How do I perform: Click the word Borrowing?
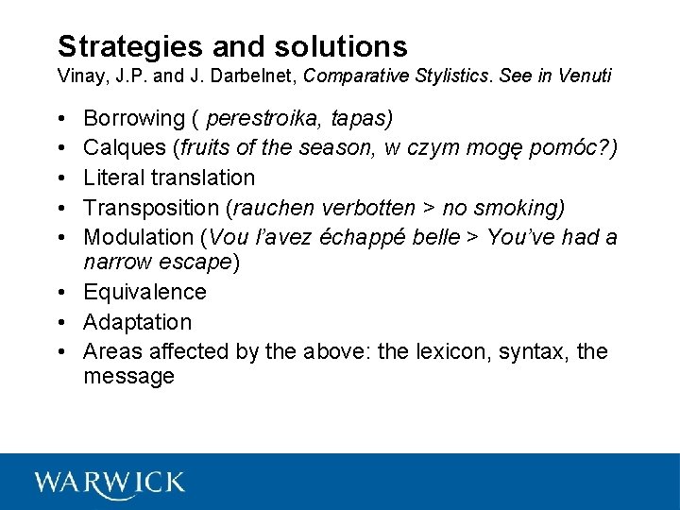[134, 119]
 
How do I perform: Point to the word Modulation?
[136, 236]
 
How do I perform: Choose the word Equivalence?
[144, 293]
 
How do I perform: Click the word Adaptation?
[137, 322]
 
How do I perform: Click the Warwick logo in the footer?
[110, 483]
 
